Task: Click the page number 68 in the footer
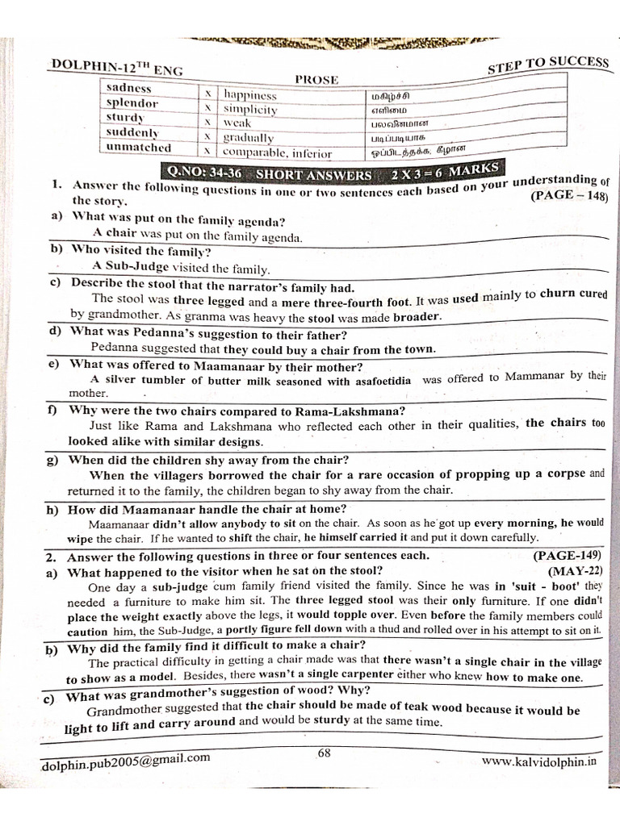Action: (325, 753)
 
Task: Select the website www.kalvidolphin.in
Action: (538, 760)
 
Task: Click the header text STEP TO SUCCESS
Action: (547, 65)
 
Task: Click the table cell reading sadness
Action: (129, 88)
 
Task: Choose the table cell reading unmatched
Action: (138, 148)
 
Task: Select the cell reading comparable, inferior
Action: (277, 152)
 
